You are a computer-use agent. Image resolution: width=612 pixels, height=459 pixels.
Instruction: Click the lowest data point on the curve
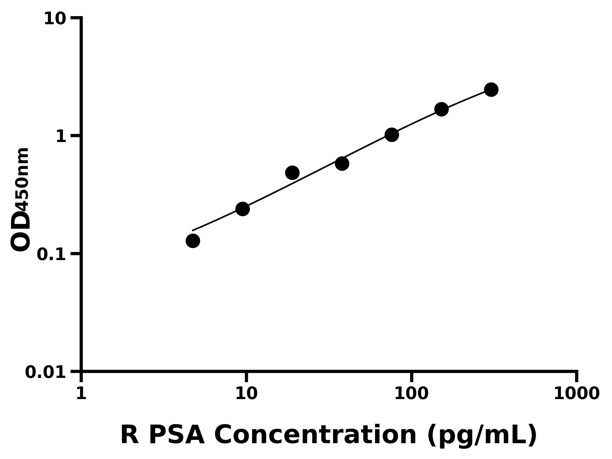pyautogui.click(x=193, y=241)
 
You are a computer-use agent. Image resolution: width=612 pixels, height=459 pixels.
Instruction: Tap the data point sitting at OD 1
pyautogui.click(x=391, y=135)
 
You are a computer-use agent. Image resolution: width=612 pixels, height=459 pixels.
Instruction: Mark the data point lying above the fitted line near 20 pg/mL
pyautogui.click(x=292, y=173)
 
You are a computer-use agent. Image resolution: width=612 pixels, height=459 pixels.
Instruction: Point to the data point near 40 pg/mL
pyautogui.click(x=342, y=163)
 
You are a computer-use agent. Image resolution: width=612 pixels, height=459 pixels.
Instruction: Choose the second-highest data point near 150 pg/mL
pyautogui.click(x=441, y=109)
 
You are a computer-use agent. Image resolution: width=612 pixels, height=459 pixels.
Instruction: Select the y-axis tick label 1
pyautogui.click(x=61, y=137)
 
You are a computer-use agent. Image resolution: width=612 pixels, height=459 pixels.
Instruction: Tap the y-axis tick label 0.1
pyautogui.click(x=52, y=254)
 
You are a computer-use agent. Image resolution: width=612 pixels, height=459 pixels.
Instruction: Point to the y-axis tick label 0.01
pyautogui.click(x=46, y=372)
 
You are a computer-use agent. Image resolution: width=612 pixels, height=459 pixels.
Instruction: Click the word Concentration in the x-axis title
pyautogui.click(x=315, y=435)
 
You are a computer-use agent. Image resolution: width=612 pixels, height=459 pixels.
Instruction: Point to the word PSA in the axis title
pyautogui.click(x=176, y=435)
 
